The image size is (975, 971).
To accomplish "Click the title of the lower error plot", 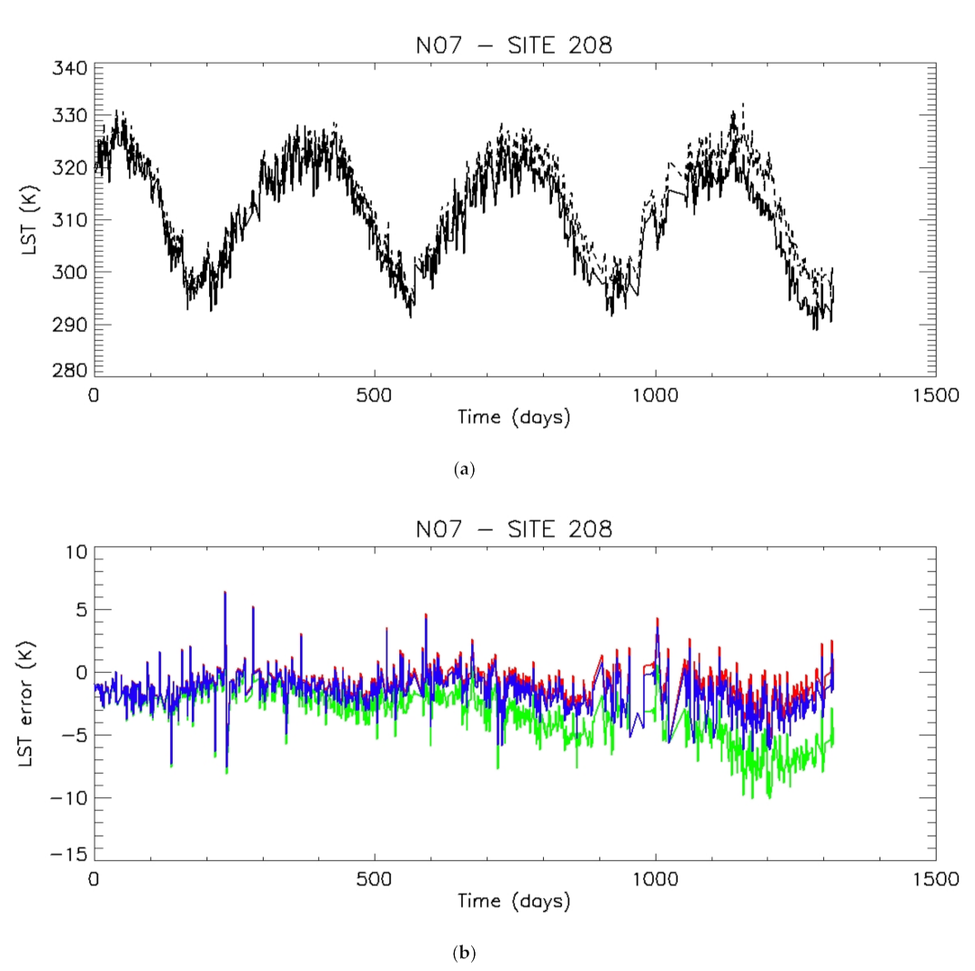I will [514, 527].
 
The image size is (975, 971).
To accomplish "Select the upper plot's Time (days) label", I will [514, 418].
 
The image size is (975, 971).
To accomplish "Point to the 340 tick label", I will [70, 69].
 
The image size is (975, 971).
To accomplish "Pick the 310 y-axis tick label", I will [70, 220].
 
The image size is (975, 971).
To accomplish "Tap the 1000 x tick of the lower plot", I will [655, 878].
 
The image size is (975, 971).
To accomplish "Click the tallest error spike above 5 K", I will [225, 592].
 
